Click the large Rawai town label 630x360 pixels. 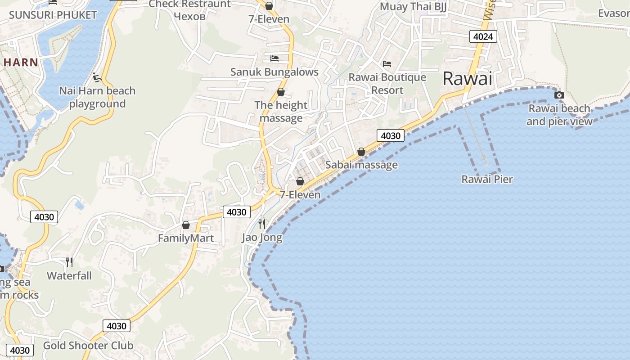click(468, 79)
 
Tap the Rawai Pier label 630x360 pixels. click(487, 179)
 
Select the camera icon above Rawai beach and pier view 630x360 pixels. click(559, 95)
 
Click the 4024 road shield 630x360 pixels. click(483, 36)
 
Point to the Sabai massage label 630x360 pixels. click(361, 165)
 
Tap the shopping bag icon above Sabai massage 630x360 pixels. click(361, 152)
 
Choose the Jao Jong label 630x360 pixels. click(262, 237)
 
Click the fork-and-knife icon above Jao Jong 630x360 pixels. click(262, 224)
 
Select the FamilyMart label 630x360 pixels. click(186, 238)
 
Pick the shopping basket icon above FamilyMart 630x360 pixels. click(186, 225)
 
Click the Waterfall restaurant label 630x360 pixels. click(69, 275)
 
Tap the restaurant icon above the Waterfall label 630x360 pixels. click(69, 262)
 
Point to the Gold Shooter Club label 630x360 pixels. click(88, 345)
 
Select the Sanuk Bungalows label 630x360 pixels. click(274, 72)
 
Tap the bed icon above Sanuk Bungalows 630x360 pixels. click(274, 58)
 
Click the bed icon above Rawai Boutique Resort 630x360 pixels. click(387, 64)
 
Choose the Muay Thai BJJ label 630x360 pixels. click(413, 7)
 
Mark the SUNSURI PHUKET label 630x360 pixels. click(53, 15)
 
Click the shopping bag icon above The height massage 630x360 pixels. click(281, 92)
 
